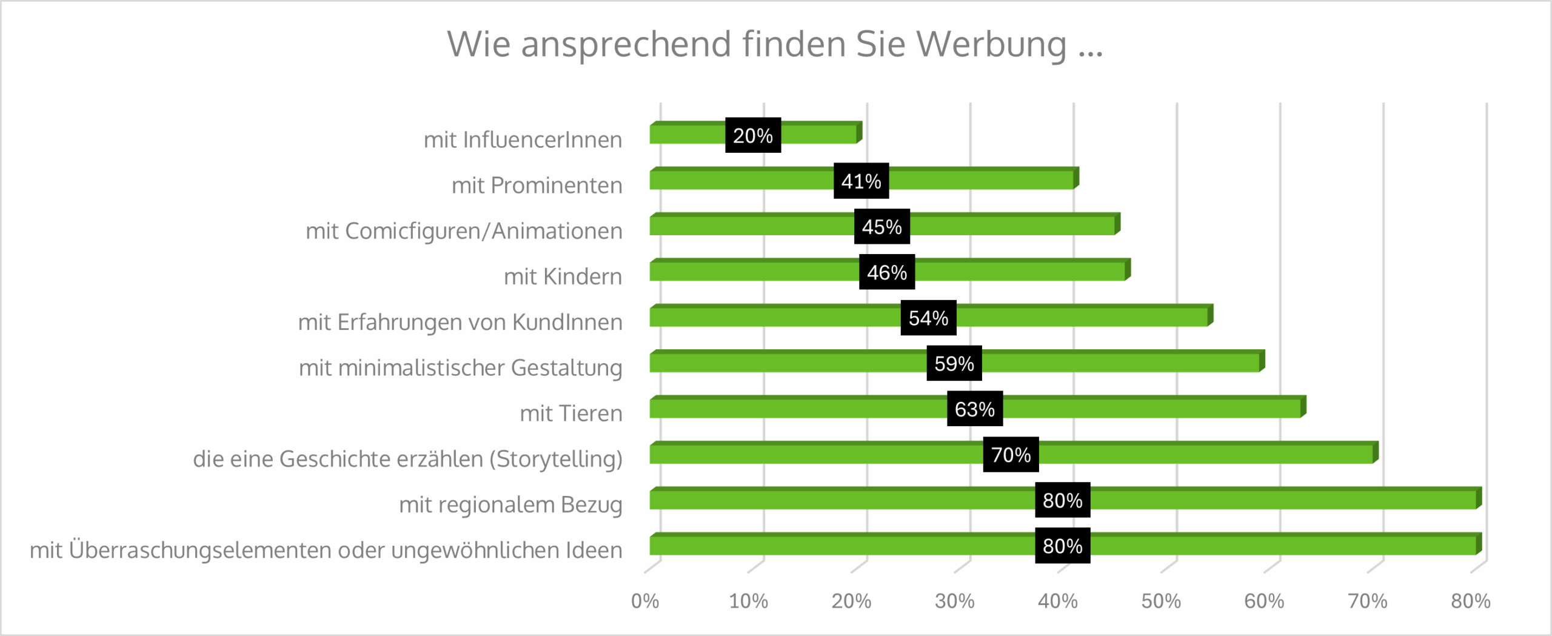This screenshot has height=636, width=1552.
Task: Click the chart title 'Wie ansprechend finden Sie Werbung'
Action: click(x=775, y=44)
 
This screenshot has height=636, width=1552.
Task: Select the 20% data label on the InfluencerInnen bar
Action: click(x=752, y=135)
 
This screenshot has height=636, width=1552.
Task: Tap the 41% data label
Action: click(x=861, y=181)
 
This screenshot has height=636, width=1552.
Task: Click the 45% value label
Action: click(x=881, y=227)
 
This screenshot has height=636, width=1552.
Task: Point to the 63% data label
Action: click(x=974, y=409)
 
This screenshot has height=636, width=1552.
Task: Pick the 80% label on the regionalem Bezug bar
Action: click(x=1062, y=500)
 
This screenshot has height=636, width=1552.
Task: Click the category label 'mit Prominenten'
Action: click(x=537, y=186)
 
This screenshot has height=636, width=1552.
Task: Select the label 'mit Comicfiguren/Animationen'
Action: click(x=464, y=231)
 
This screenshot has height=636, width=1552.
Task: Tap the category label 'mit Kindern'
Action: click(x=563, y=276)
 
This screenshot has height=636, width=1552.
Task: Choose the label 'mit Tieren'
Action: click(x=570, y=413)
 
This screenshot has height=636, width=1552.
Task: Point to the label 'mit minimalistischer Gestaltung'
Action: click(x=460, y=368)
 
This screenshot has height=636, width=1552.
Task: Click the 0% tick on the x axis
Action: click(x=644, y=601)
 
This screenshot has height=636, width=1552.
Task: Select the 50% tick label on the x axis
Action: click(x=1160, y=601)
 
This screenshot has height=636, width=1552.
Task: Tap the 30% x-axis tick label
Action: click(x=954, y=601)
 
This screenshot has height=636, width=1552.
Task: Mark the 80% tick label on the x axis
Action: click(x=1470, y=601)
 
